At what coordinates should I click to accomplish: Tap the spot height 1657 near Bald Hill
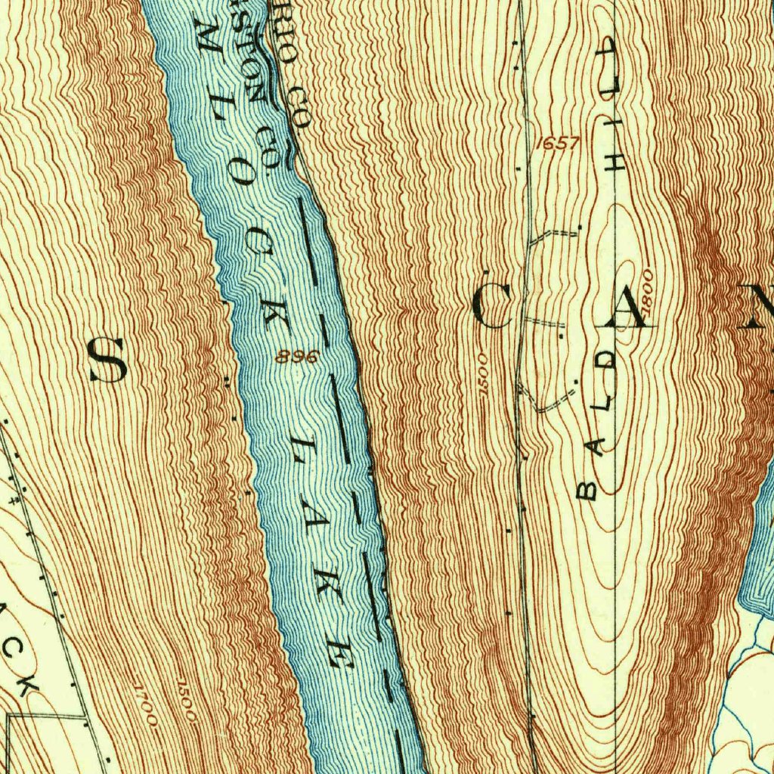(560, 142)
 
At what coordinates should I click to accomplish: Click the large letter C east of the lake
(493, 308)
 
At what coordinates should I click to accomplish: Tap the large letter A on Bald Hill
(624, 308)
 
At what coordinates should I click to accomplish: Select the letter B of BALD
(587, 490)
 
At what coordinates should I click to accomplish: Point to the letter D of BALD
(609, 358)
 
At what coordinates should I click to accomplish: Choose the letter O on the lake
(243, 175)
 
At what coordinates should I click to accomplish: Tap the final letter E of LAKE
(339, 655)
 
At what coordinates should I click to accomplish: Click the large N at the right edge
(758, 307)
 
